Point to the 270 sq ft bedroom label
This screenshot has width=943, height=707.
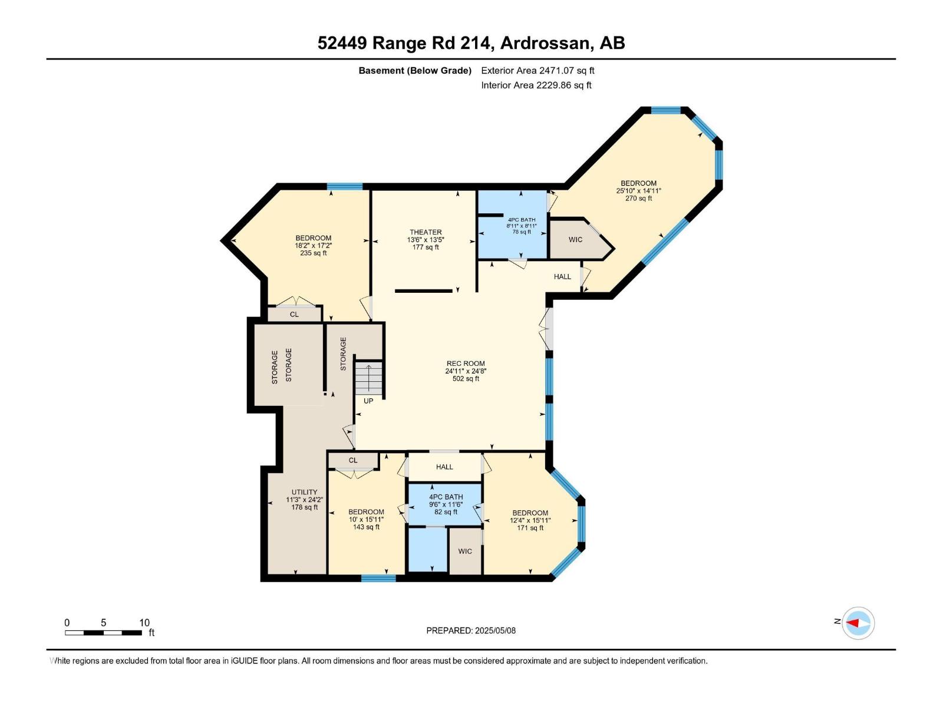pos(638,190)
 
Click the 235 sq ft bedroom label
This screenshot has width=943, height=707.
pos(313,245)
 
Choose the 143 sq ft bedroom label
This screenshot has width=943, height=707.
pos(366,519)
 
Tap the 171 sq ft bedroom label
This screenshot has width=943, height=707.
pos(530,520)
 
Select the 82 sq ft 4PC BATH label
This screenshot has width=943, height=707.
pos(446,504)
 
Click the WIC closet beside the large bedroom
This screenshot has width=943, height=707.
pos(575,239)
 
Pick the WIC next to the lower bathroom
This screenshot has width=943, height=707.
pos(465,551)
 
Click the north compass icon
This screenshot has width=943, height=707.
pos(858,623)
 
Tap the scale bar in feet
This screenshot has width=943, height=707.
pos(104,633)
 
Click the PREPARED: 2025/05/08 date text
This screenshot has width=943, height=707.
pos(471,630)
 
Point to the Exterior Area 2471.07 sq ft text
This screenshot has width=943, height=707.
pos(538,71)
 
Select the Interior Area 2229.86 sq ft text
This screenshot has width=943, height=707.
pos(536,85)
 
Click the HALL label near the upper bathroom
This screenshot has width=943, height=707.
pos(562,276)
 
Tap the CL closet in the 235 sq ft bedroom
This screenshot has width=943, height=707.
pos(294,315)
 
